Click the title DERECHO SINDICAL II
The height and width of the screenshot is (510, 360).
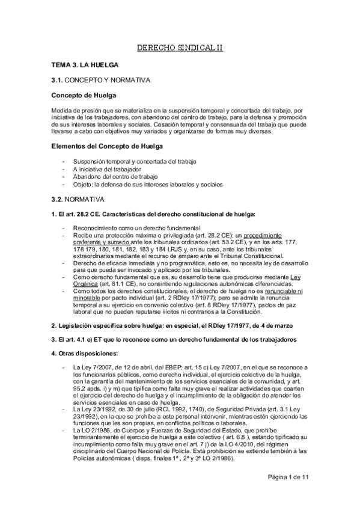tap(180, 47)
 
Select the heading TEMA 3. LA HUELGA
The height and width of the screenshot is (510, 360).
tap(84, 64)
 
